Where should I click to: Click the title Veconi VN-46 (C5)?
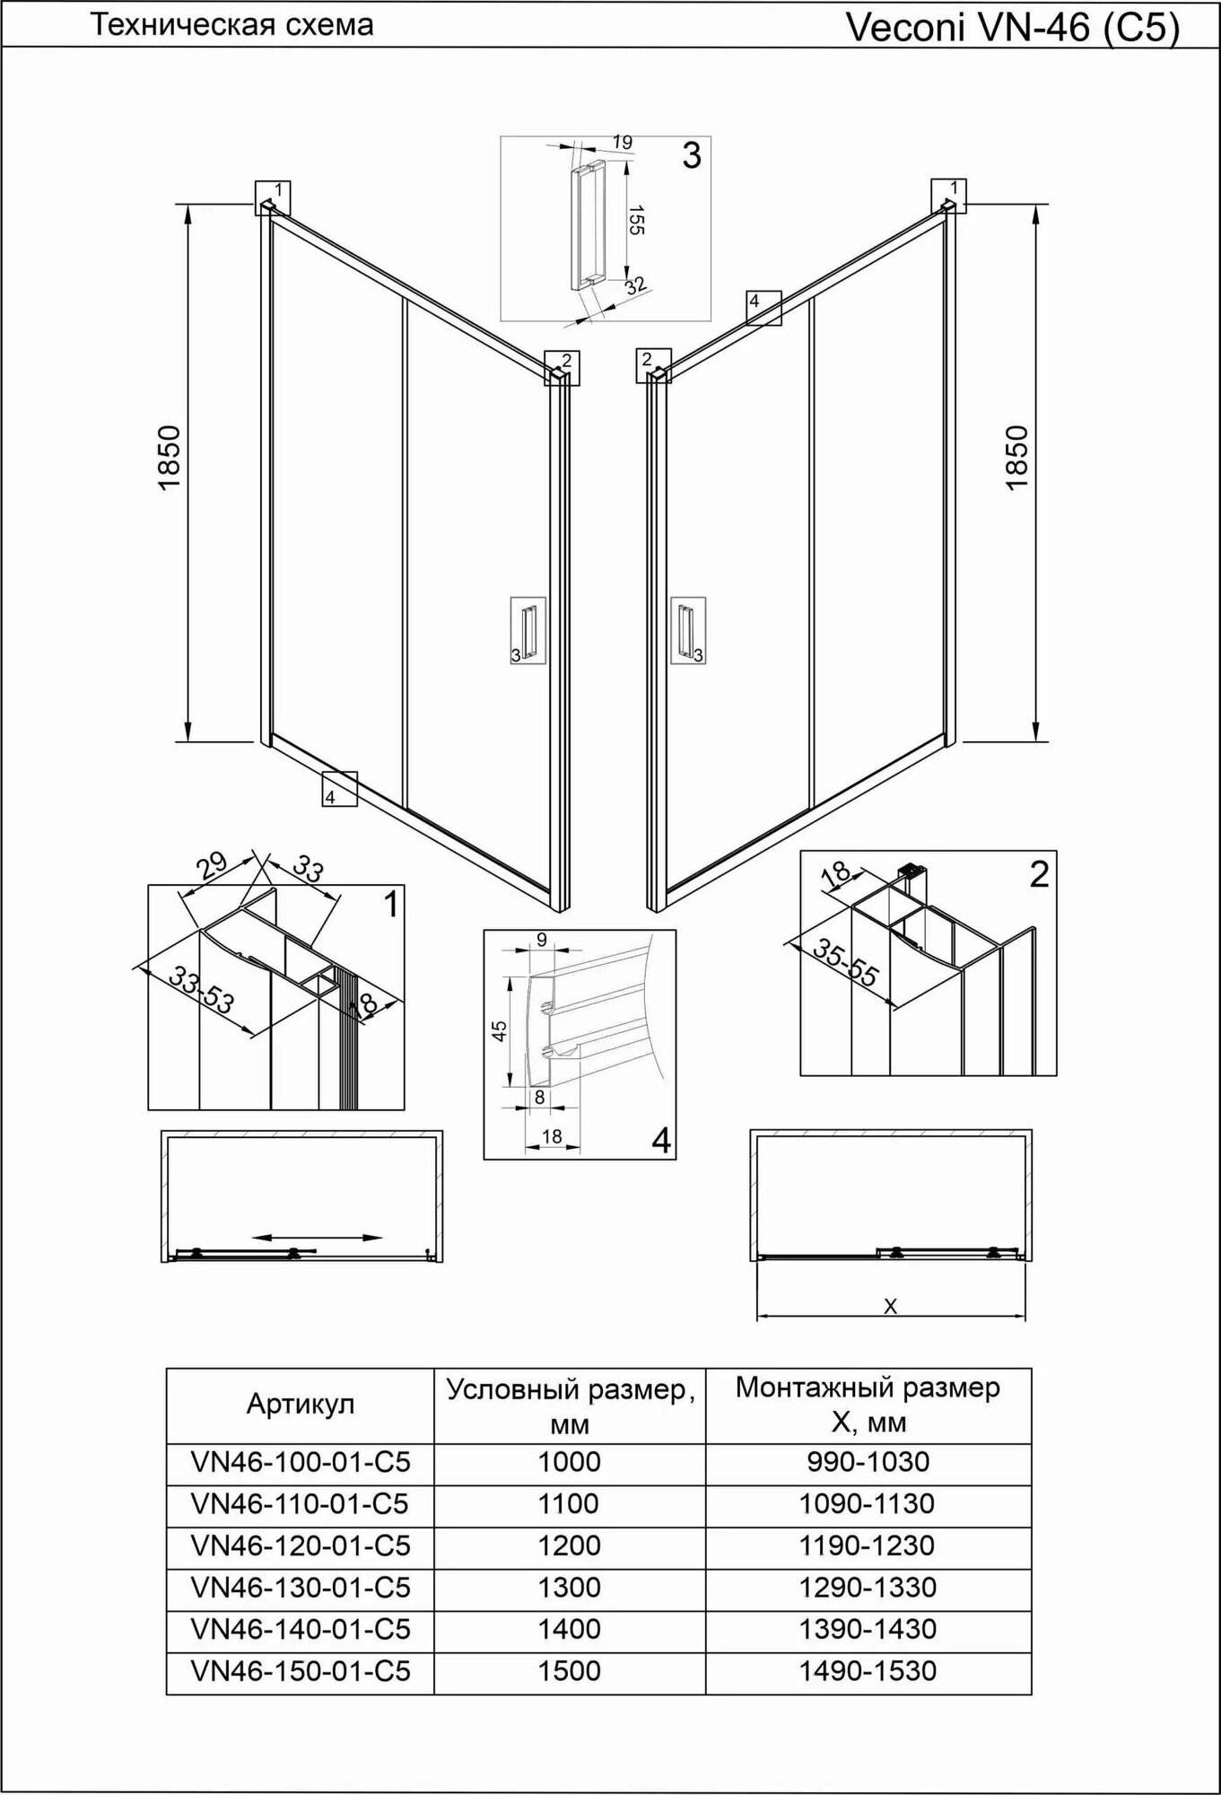click(1012, 29)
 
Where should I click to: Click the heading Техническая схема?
click(232, 25)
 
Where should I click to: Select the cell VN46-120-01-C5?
click(301, 1545)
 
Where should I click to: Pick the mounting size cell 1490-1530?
click(868, 1671)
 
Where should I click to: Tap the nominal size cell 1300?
click(569, 1588)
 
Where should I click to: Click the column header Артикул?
click(301, 1405)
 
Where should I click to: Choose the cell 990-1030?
click(868, 1462)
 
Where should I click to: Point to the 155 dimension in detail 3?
click(635, 220)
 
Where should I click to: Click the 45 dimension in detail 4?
click(501, 1030)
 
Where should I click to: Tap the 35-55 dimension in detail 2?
click(844, 962)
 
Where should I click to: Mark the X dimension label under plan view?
click(890, 1308)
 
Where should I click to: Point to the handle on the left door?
click(528, 630)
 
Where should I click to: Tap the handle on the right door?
click(686, 630)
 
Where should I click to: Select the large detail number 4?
click(660, 1140)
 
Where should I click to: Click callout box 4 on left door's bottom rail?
click(339, 789)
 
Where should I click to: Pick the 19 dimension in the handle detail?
click(623, 142)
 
